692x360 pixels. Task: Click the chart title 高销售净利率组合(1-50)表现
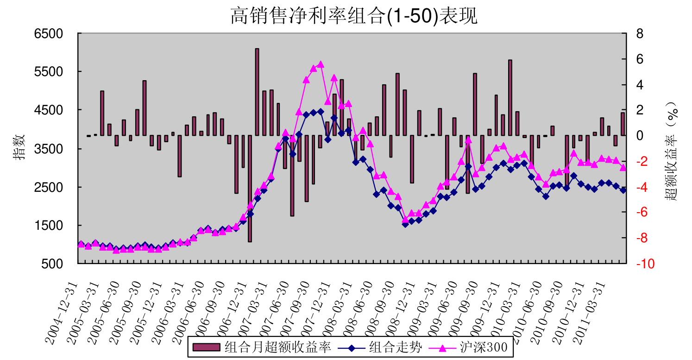coord(354,16)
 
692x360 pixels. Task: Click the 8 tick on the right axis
coord(640,34)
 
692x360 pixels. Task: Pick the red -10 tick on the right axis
coord(645,264)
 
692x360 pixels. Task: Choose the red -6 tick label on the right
coord(642,213)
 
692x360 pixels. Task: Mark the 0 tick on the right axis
coord(640,136)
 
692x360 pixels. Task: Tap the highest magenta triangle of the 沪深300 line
coord(321,64)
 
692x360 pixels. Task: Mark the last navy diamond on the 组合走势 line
coord(623,190)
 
